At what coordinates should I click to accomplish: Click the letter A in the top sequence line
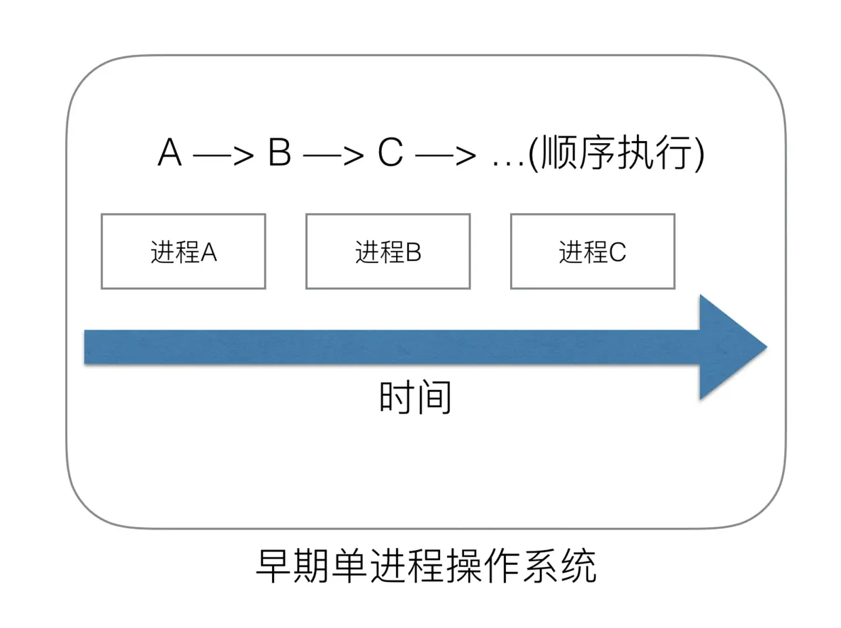click(170, 154)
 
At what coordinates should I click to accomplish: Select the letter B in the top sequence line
click(279, 154)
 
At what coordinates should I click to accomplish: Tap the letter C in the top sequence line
click(390, 154)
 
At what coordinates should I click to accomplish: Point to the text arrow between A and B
click(224, 155)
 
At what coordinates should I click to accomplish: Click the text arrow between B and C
click(334, 155)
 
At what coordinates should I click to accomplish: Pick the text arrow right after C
click(445, 155)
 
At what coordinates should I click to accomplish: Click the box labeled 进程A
click(183, 252)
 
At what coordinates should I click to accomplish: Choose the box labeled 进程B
click(388, 252)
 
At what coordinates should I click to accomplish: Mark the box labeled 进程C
click(592, 252)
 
